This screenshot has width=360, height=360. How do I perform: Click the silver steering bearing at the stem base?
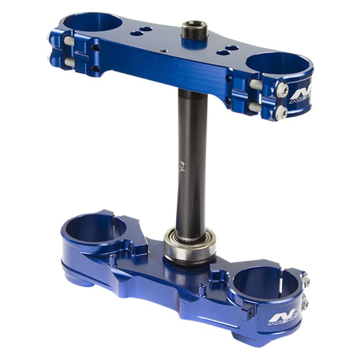pyautogui.click(x=189, y=244)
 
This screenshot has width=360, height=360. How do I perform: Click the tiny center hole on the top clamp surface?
pyautogui.click(x=165, y=50)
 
